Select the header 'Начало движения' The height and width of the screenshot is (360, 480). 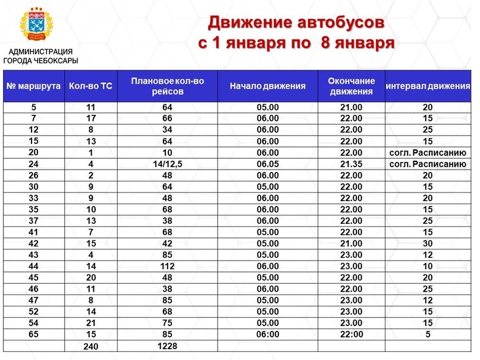pyautogui.click(x=268, y=86)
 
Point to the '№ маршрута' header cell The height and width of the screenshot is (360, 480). pyautogui.click(x=33, y=86)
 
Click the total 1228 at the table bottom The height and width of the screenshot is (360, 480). pyautogui.click(x=168, y=345)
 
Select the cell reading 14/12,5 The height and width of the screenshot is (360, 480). pyautogui.click(x=168, y=164)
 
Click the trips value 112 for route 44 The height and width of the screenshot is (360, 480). pyautogui.click(x=168, y=266)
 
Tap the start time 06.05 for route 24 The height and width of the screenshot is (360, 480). pyautogui.click(x=268, y=164)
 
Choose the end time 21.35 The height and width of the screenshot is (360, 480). pyautogui.click(x=351, y=164)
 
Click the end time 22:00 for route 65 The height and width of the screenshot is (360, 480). pyautogui.click(x=351, y=334)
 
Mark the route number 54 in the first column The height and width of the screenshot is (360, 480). pyautogui.click(x=33, y=323)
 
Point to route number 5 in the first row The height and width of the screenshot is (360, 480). pyautogui.click(x=33, y=108)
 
